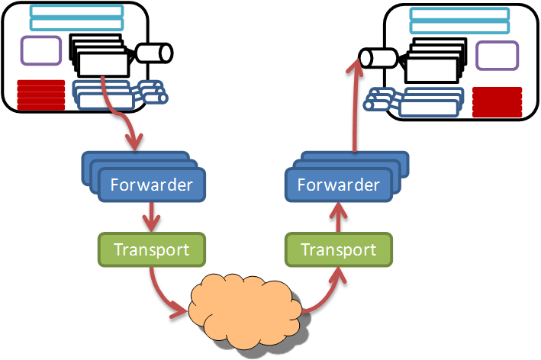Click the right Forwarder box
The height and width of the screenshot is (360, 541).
(x=338, y=185)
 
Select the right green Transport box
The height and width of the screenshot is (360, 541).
(x=338, y=249)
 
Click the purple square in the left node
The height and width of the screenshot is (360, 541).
(x=40, y=50)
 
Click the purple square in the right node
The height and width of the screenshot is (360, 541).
(x=497, y=56)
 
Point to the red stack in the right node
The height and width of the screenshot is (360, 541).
(x=497, y=102)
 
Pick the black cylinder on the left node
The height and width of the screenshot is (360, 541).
(x=154, y=53)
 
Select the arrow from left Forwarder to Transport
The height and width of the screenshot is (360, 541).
(x=152, y=216)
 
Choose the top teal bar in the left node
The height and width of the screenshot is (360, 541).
(x=76, y=10)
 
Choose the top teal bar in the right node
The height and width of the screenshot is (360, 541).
(x=459, y=14)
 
